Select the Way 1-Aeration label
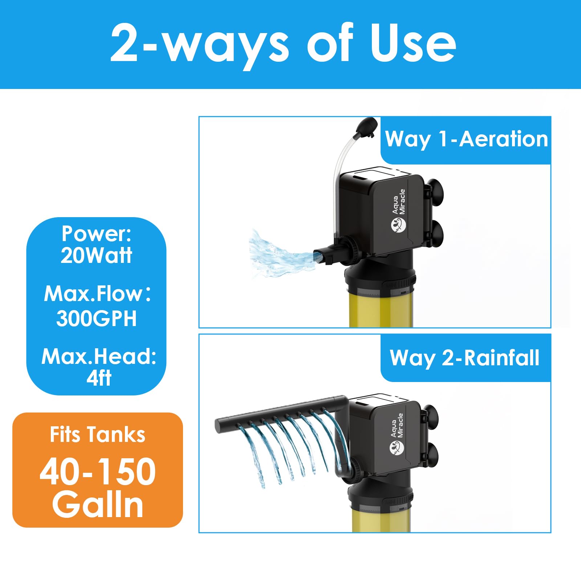point(466,139)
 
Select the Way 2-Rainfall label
point(464,358)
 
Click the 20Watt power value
point(96,255)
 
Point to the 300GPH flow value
point(96,318)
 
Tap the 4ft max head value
point(98,378)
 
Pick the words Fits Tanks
point(97,434)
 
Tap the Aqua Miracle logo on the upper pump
point(398,211)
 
